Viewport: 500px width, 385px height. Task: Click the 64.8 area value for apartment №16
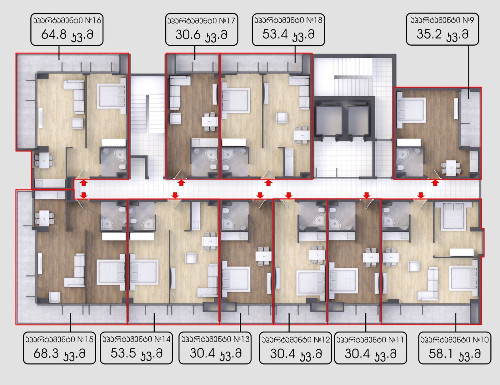point(54,34)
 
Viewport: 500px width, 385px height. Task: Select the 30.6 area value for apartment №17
point(188,35)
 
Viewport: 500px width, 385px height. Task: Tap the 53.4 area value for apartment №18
point(275,34)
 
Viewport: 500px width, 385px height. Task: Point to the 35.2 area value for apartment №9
point(429,34)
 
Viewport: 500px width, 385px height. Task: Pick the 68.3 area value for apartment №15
point(46,353)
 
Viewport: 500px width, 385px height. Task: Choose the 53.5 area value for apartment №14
point(123,353)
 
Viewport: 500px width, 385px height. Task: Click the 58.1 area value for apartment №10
point(441,354)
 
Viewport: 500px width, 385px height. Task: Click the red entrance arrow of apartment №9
point(435,183)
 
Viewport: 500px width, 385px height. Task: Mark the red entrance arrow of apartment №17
point(182,183)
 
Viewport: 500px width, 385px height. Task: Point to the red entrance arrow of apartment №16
point(84,183)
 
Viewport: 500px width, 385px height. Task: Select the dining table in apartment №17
point(210,122)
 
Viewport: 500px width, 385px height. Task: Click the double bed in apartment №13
point(236,279)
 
